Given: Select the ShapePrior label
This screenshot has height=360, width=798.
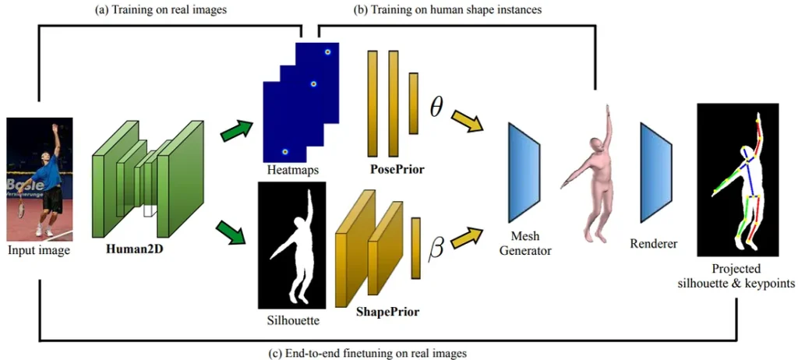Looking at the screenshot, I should coord(387,312).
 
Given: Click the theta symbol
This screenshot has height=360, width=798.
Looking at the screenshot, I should coord(436,108).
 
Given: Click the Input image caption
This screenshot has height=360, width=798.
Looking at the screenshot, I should coord(39,250).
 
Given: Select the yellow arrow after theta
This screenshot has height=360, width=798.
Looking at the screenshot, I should coord(469,121).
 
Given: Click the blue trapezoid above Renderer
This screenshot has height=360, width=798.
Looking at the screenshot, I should coord(655,171).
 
